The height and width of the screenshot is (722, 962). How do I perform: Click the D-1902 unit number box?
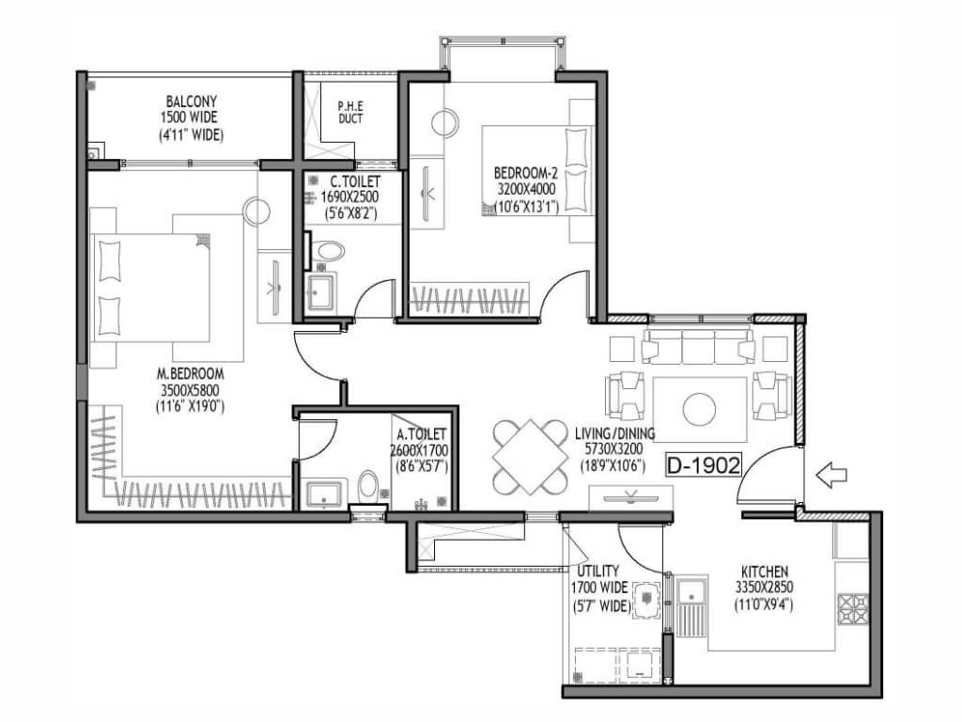tap(704, 465)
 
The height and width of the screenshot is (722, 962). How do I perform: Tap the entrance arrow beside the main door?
tap(831, 475)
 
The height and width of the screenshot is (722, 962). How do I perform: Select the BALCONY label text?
tap(192, 102)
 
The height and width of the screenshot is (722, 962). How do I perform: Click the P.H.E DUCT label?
tap(350, 113)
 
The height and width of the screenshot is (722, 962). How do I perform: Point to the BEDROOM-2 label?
tap(526, 174)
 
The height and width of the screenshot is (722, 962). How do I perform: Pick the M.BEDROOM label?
tap(190, 373)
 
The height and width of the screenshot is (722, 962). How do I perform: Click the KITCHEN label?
tap(765, 572)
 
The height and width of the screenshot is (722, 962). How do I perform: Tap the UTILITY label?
tap(597, 571)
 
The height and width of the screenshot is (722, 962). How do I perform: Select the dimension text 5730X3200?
tap(613, 450)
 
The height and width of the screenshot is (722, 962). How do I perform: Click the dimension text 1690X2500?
tap(349, 197)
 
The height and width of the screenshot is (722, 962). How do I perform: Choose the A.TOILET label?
tap(422, 434)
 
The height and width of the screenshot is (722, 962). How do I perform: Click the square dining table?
tap(531, 457)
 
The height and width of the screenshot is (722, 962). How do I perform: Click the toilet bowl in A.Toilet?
tap(368, 486)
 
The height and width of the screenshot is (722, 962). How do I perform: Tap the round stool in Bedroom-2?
tap(444, 123)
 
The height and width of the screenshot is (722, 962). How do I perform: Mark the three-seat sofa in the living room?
tap(698, 346)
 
